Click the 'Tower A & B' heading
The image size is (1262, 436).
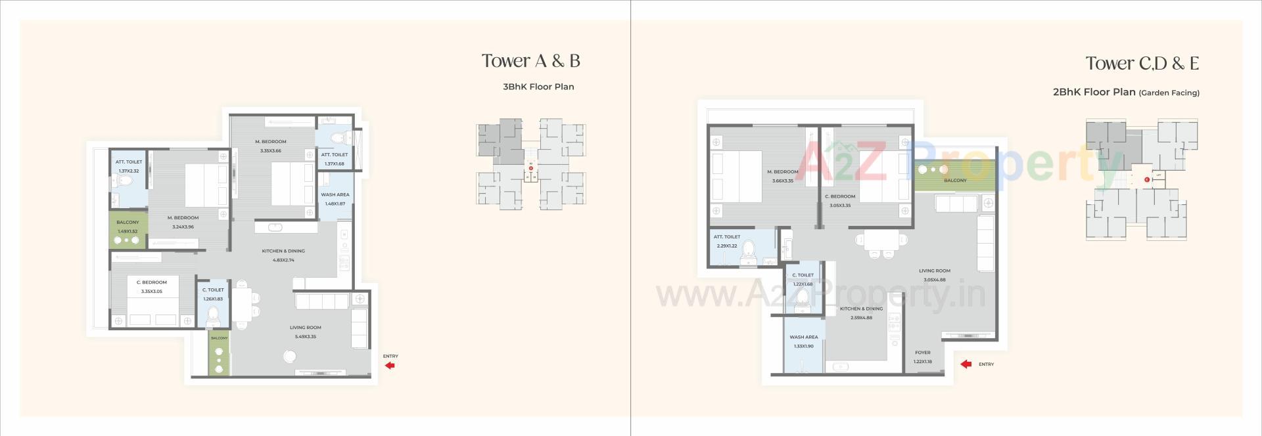tap(530, 61)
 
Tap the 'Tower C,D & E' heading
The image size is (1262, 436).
tap(1142, 64)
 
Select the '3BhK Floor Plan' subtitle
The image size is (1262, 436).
tap(538, 87)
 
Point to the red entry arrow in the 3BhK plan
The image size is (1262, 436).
tap(390, 365)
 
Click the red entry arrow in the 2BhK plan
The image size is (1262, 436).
tap(966, 364)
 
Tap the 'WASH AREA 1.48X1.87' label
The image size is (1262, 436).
tap(335, 199)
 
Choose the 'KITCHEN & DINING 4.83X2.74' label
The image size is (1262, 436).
tap(283, 255)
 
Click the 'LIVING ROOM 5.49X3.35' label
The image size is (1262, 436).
tap(305, 332)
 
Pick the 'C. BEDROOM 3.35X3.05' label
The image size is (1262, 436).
tap(151, 286)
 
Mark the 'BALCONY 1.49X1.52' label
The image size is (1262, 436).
tap(128, 227)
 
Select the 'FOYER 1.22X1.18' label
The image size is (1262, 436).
tap(922, 357)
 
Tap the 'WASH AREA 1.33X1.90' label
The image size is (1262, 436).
tap(803, 341)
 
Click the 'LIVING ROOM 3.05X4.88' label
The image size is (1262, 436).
tap(934, 275)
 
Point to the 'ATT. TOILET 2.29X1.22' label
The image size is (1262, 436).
tap(726, 241)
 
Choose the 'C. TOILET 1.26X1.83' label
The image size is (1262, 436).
tap(213, 294)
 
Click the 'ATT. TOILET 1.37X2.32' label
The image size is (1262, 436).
tap(129, 166)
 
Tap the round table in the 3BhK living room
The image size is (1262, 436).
tap(289, 357)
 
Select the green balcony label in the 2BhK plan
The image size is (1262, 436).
tap(955, 181)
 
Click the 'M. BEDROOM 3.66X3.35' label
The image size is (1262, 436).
tap(782, 176)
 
